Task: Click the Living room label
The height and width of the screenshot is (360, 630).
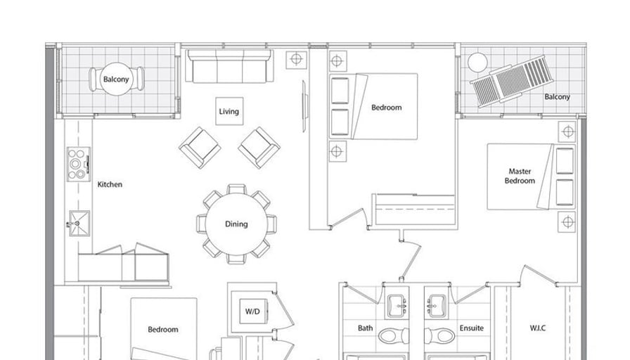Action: (x=229, y=111)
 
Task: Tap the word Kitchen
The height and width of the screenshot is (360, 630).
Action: (x=110, y=184)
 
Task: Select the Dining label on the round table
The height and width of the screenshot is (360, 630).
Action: (x=236, y=224)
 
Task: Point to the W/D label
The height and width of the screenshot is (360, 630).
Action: (x=252, y=311)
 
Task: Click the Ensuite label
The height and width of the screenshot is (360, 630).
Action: (x=472, y=328)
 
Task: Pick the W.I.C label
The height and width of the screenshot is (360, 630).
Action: (x=538, y=328)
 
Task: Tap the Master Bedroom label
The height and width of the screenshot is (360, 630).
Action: (x=520, y=176)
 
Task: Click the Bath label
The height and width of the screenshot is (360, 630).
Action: (x=365, y=328)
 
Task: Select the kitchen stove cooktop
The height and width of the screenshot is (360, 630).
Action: (x=78, y=164)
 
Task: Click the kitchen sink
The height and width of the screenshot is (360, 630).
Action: (x=79, y=224)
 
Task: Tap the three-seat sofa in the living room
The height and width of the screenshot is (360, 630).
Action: (x=229, y=66)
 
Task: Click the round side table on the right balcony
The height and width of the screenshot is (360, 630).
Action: (x=477, y=63)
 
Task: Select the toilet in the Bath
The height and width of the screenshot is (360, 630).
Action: (x=393, y=335)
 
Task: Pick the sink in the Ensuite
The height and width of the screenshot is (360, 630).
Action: (x=437, y=306)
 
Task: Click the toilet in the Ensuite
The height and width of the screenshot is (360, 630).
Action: (x=440, y=335)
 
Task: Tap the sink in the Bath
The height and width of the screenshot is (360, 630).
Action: (x=397, y=306)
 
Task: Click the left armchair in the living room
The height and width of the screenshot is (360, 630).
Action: (x=200, y=148)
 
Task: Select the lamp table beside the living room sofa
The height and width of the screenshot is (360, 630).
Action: (x=296, y=60)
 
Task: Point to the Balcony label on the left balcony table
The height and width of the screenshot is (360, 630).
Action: (x=116, y=79)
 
